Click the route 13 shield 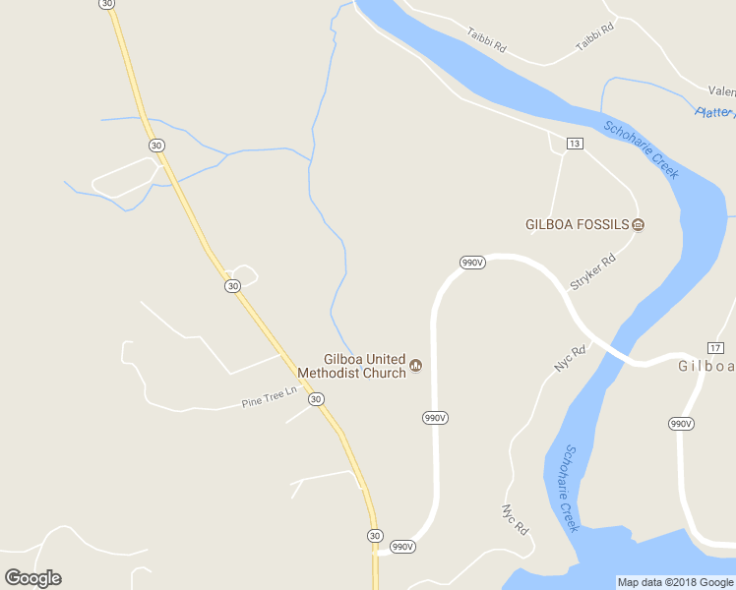(x=575, y=144)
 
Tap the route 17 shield (x=715, y=348)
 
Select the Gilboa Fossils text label (x=577, y=224)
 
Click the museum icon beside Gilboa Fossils (x=639, y=224)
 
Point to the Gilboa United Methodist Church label (x=365, y=366)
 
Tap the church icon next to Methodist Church (x=416, y=366)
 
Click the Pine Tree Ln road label (x=270, y=397)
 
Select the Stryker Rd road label (x=592, y=271)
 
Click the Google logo (x=32, y=578)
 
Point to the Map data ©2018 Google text (x=675, y=582)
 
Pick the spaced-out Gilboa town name (x=706, y=367)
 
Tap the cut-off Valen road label (x=721, y=89)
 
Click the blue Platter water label (x=715, y=113)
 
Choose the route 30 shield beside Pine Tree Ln (x=315, y=399)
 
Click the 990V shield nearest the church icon (x=436, y=418)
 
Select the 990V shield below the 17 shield (x=681, y=424)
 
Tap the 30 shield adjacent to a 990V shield (x=375, y=536)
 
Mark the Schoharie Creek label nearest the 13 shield (x=641, y=148)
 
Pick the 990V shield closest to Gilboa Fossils (x=472, y=263)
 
